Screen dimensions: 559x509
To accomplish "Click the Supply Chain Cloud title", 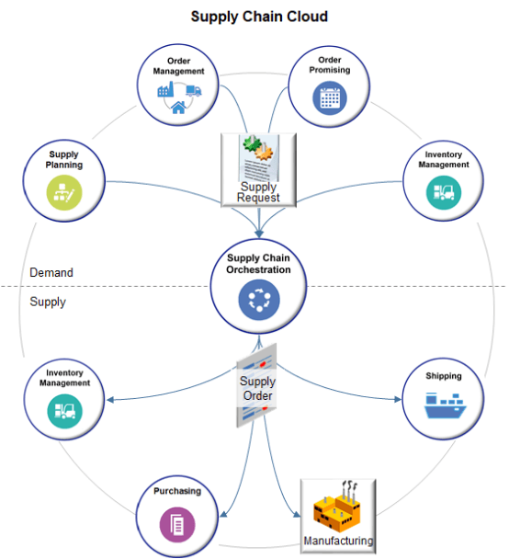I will click(x=259, y=17).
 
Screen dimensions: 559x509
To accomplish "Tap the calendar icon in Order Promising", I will click(x=329, y=97).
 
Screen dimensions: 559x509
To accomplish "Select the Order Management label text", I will click(x=179, y=65).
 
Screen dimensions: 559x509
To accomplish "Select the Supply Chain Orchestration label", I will click(x=258, y=264).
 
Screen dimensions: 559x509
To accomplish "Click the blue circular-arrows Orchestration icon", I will click(x=258, y=301).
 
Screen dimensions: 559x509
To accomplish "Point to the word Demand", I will click(x=51, y=273).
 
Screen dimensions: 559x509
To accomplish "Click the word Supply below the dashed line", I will click(x=48, y=302).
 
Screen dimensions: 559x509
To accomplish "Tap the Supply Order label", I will click(x=257, y=388).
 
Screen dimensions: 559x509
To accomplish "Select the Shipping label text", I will click(x=443, y=376).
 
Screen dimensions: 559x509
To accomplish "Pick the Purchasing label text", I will click(x=177, y=491).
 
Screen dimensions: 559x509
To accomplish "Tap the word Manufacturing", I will click(x=339, y=542).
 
